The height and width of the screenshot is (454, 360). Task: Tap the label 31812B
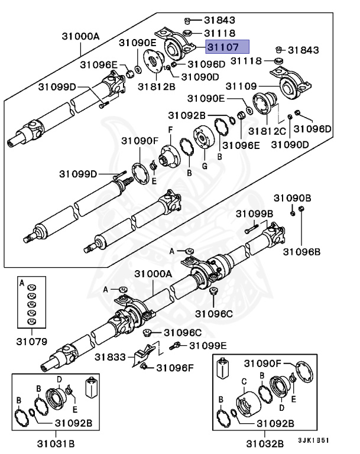pyautogui.click(x=157, y=87)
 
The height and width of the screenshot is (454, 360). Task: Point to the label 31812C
pyautogui.click(x=266, y=129)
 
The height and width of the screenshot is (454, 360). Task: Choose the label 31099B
pyautogui.click(x=254, y=213)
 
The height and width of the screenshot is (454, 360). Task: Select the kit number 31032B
pyautogui.click(x=264, y=442)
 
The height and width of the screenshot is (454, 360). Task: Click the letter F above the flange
pyautogui.click(x=170, y=129)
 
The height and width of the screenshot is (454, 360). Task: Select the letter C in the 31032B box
pyautogui.click(x=243, y=381)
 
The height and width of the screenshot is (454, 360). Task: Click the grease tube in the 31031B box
pyautogui.click(x=92, y=388)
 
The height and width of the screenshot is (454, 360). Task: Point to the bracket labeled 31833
pyautogui.click(x=144, y=355)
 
